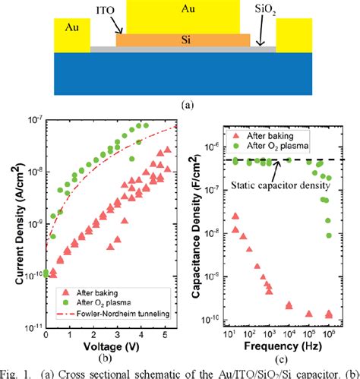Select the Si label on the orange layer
pyautogui.click(x=182, y=39)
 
